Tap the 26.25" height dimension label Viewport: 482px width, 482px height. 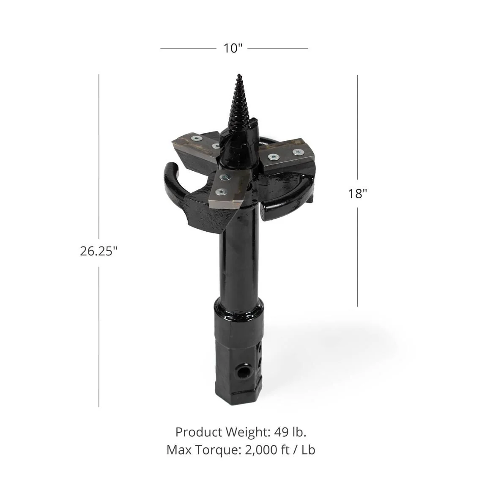99,251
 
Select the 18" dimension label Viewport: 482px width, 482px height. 357,194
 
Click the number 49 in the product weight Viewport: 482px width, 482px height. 282,432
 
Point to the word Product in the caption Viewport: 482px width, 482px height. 199,432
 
